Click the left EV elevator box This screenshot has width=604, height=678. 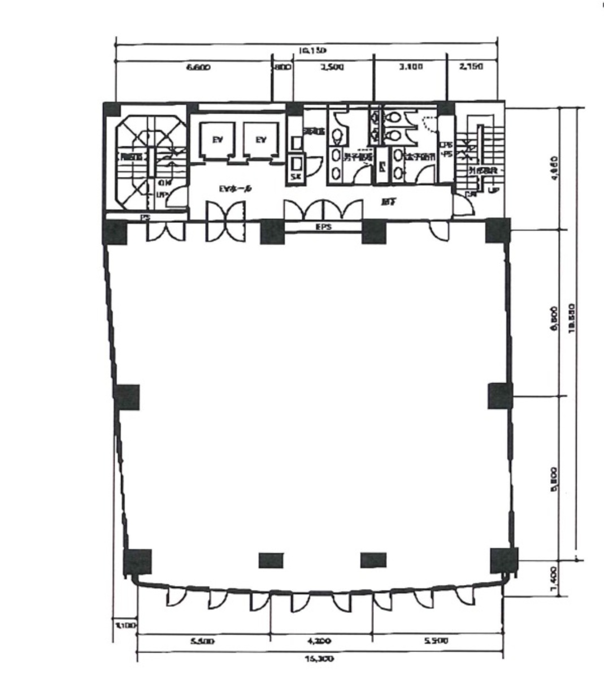point(218,141)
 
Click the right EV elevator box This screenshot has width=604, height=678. point(260,141)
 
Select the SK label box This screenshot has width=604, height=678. point(296,178)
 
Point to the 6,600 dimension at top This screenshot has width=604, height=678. point(198,67)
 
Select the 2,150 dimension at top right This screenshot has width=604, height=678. point(471,67)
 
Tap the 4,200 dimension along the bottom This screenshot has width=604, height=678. point(320,641)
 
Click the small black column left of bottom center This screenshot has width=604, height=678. point(271,560)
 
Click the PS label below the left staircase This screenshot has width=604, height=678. point(145,217)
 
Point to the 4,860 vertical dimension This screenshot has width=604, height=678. point(554,168)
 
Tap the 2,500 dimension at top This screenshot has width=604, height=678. point(332,67)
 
